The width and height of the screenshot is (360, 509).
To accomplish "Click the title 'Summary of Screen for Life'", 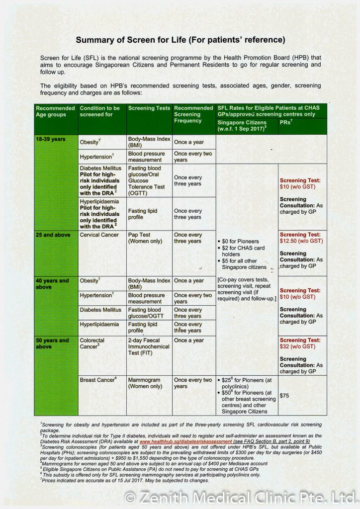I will (180, 40).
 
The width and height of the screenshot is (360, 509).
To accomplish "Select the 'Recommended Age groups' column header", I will (55, 111).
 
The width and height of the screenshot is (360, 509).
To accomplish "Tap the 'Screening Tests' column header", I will (149, 108).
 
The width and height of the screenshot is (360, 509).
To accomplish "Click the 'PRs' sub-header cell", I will (286, 122).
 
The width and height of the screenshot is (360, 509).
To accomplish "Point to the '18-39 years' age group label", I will (50, 140).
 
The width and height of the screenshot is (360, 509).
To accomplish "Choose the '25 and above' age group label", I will (53, 235).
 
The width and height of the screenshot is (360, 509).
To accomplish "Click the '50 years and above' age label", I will (52, 343).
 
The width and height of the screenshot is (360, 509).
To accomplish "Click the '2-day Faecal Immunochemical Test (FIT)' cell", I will (149, 346).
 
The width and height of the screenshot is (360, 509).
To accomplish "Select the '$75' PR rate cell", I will (284, 396).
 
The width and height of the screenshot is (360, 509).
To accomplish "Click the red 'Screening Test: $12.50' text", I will (301, 238).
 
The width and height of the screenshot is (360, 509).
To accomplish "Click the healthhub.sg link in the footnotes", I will (185, 441).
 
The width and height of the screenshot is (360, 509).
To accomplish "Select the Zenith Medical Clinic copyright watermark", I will (241, 497).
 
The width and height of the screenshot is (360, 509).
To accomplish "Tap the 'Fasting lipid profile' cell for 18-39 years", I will (143, 214).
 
